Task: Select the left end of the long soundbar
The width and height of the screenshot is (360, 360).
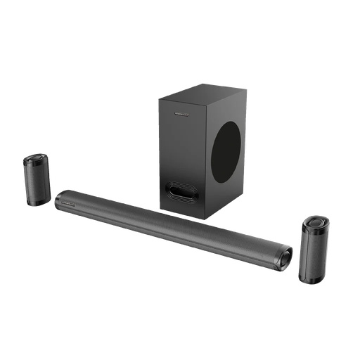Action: click(x=60, y=199)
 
